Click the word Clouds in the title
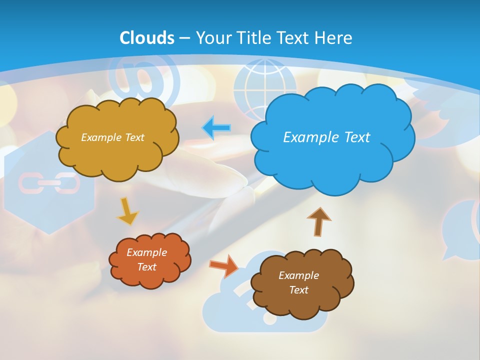point(147,38)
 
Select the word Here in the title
point(334,38)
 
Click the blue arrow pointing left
point(216,128)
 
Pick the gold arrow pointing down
point(127,211)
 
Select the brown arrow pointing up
point(318,222)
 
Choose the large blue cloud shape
point(332,137)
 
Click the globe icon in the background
point(257,83)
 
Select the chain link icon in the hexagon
point(48,184)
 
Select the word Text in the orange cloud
point(147,267)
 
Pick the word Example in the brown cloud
point(298,275)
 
